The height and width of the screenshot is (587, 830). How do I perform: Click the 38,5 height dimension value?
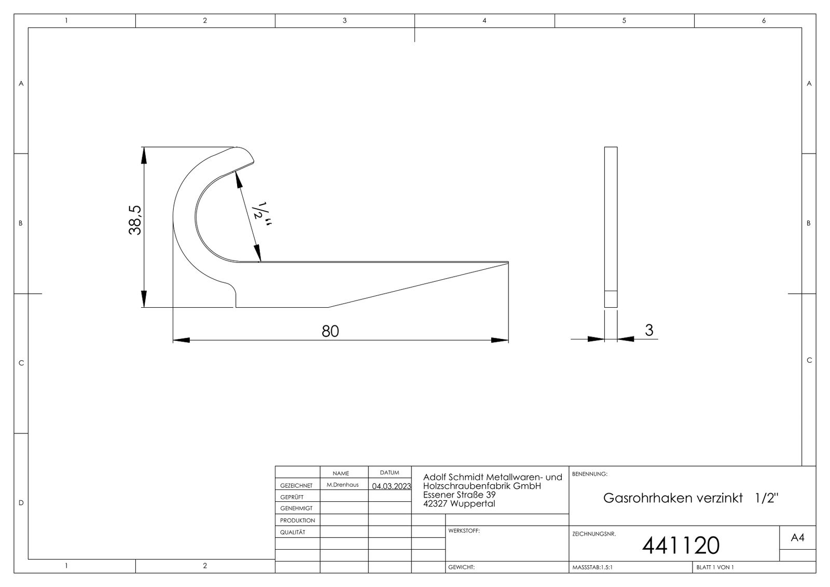tap(135, 220)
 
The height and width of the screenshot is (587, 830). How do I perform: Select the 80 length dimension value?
tap(330, 331)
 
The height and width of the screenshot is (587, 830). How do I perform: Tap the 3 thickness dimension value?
tap(649, 330)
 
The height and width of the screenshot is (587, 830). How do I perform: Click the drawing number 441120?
tap(681, 545)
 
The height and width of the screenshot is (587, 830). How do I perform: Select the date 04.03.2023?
tap(391, 486)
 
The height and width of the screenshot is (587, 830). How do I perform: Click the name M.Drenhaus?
tap(342, 485)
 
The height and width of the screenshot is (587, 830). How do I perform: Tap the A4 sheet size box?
tap(797, 538)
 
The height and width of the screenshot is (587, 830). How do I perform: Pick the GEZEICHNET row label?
tap(296, 486)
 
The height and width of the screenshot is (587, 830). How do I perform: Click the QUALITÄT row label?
tap(293, 532)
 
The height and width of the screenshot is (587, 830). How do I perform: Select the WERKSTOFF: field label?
tap(464, 531)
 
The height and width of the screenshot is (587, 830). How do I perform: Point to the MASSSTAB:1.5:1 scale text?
tap(592, 567)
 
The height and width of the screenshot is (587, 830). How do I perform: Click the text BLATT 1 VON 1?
tap(715, 567)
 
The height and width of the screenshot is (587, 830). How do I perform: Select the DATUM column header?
tap(390, 473)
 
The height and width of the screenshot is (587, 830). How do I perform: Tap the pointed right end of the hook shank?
tap(505, 263)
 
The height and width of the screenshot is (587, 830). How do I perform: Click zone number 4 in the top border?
tap(484, 21)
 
